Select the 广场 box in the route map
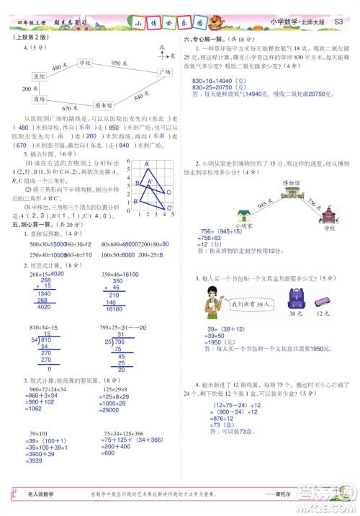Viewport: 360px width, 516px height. click(165, 72)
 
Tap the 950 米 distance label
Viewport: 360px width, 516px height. click(120, 63)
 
